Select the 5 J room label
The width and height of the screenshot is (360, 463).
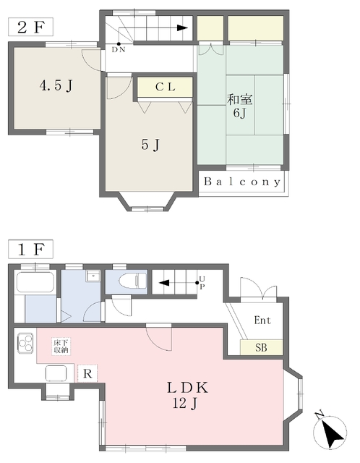click(150, 145)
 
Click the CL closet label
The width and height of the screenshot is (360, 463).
click(166, 88)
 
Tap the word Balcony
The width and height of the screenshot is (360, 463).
click(241, 182)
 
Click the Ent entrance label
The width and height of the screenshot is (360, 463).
click(262, 320)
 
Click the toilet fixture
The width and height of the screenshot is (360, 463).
click(131, 281)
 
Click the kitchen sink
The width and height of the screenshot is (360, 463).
click(56, 373)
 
